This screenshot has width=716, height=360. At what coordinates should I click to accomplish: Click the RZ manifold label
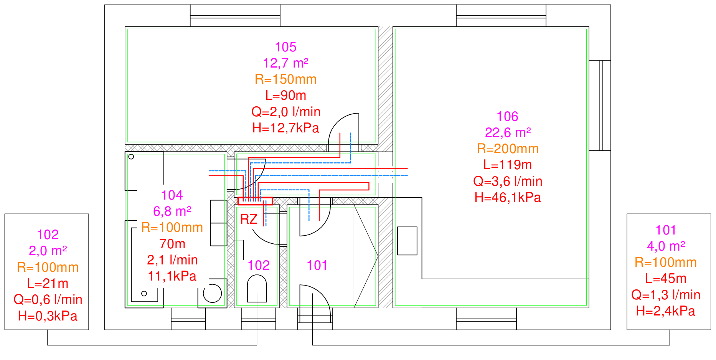pos(249,219)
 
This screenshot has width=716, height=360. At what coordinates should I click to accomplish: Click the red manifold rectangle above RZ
pos(255,201)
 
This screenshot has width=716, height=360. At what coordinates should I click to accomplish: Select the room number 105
pos(285,47)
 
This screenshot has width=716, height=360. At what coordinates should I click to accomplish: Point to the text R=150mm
pos(285,79)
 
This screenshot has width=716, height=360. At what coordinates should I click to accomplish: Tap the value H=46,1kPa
pos(508,197)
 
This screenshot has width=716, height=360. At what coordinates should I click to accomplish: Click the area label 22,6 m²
pos(508,132)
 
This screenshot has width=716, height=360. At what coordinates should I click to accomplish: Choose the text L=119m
pos(508,165)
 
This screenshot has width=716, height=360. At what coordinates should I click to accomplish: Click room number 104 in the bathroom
pos(172,195)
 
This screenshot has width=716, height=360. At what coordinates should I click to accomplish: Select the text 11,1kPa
pos(172,276)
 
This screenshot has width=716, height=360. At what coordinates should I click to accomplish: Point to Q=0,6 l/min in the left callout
pos(48,299)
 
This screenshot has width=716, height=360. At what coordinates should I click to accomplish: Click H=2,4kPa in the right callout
pos(666,311)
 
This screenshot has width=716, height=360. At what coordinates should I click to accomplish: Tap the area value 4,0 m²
pos(666,246)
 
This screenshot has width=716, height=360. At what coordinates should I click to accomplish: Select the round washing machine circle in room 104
pos(212,294)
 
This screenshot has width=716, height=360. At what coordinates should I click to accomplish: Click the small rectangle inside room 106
pos(407,241)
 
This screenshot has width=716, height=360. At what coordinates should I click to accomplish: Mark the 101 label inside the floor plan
pos(317,265)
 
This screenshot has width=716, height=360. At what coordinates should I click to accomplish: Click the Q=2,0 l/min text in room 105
pos(285,112)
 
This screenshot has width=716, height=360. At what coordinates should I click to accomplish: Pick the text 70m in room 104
pos(172,244)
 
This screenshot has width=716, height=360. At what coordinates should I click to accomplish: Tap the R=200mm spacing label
pos(508,149)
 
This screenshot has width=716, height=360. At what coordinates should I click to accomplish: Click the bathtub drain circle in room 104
pos(144,294)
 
